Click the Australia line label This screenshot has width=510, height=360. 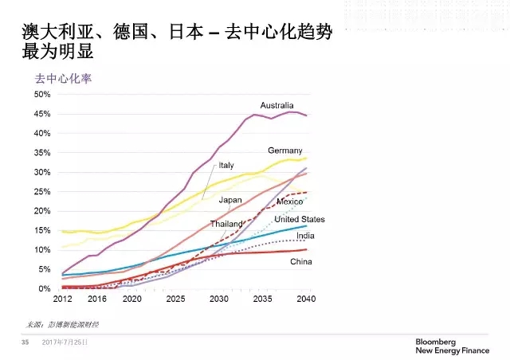pyautogui.click(x=277, y=105)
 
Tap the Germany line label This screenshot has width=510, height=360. pyautogui.click(x=285, y=151)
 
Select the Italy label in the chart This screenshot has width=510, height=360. pyautogui.click(x=226, y=165)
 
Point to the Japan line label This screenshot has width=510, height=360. pyautogui.click(x=230, y=200)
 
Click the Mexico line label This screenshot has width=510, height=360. pyautogui.click(x=290, y=202)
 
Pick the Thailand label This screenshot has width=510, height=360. pyautogui.click(x=226, y=224)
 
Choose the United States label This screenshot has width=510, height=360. pyautogui.click(x=300, y=219)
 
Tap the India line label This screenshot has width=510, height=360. pyautogui.click(x=304, y=237)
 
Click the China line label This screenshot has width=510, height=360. pyautogui.click(x=300, y=261)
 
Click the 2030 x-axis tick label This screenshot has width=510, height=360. pyautogui.click(x=219, y=299)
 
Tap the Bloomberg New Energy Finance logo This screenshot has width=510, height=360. pyautogui.click(x=451, y=343)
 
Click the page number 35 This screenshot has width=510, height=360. pyautogui.click(x=25, y=342)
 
